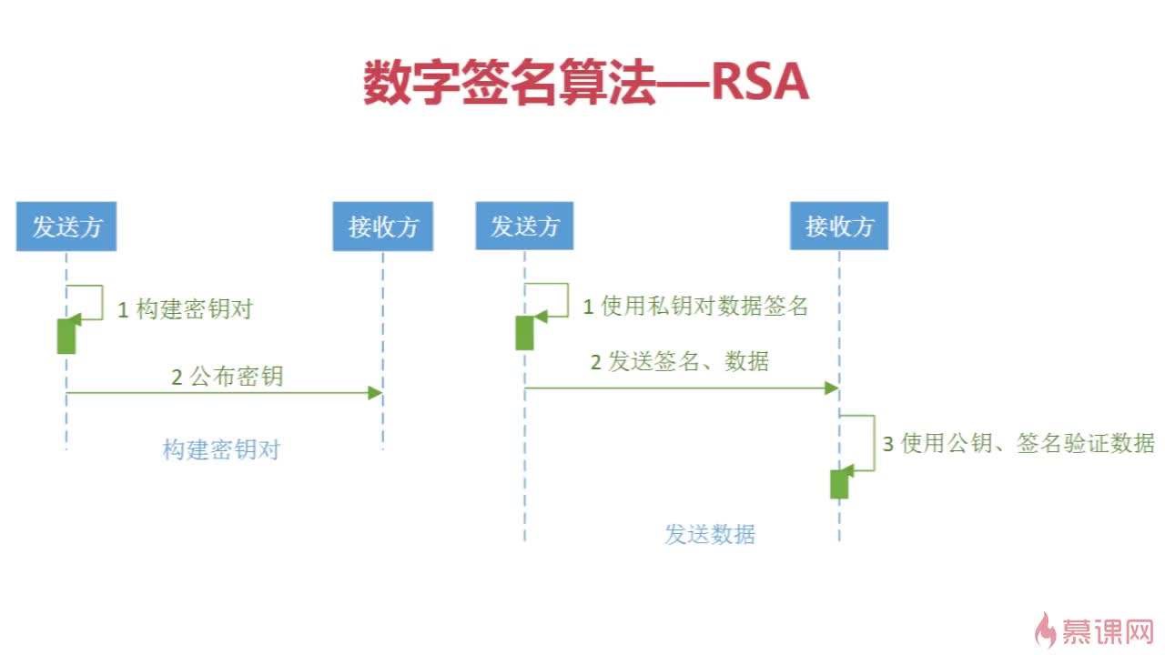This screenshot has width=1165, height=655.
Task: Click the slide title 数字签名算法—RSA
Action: (585, 85)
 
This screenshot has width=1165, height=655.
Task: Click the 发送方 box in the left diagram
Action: (66, 227)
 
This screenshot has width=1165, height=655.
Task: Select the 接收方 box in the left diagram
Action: (383, 227)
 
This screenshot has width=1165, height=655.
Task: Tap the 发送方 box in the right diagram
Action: (524, 226)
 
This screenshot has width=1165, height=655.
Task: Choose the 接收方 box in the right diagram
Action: (839, 226)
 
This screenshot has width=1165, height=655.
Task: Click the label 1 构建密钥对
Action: (185, 309)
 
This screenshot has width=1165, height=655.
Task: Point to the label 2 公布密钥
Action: (228, 377)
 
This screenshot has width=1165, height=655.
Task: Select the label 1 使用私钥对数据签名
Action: (695, 307)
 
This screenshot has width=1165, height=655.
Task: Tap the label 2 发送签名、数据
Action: (680, 362)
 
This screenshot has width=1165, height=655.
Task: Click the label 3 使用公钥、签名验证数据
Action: (1018, 444)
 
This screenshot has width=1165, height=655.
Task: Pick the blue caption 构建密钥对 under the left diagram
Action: (221, 449)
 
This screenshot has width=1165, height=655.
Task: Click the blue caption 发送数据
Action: (710, 534)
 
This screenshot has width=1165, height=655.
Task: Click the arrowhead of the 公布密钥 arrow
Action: (375, 392)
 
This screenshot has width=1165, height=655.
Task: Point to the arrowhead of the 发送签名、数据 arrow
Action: (831, 388)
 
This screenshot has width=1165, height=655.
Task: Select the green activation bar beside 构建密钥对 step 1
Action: (66, 336)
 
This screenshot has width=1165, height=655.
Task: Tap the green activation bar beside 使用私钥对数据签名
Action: (524, 333)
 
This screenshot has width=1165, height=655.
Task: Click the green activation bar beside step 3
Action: (839, 484)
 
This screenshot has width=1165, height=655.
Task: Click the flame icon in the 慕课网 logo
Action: (1048, 629)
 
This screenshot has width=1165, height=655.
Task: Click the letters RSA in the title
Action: (759, 85)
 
